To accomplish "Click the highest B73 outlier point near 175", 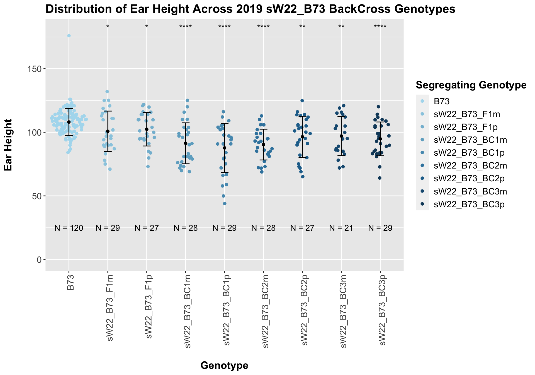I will (69, 36).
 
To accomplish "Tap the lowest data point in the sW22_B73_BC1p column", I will (225, 204).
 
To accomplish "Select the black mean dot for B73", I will (69, 122).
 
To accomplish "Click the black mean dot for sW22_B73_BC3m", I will (341, 136).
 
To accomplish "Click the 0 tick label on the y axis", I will (39, 259).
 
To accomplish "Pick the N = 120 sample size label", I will (69, 228).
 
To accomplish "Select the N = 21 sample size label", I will (341, 228).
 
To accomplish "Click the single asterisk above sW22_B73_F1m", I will (108, 27).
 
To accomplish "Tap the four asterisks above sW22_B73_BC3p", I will (380, 27).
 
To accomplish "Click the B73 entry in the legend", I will (442, 101).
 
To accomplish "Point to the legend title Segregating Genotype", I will (471, 85).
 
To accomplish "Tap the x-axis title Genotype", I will (224, 365).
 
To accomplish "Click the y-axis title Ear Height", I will (8, 145).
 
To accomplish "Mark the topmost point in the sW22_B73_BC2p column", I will (302, 101).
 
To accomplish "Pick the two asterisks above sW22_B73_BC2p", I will (302, 27).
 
